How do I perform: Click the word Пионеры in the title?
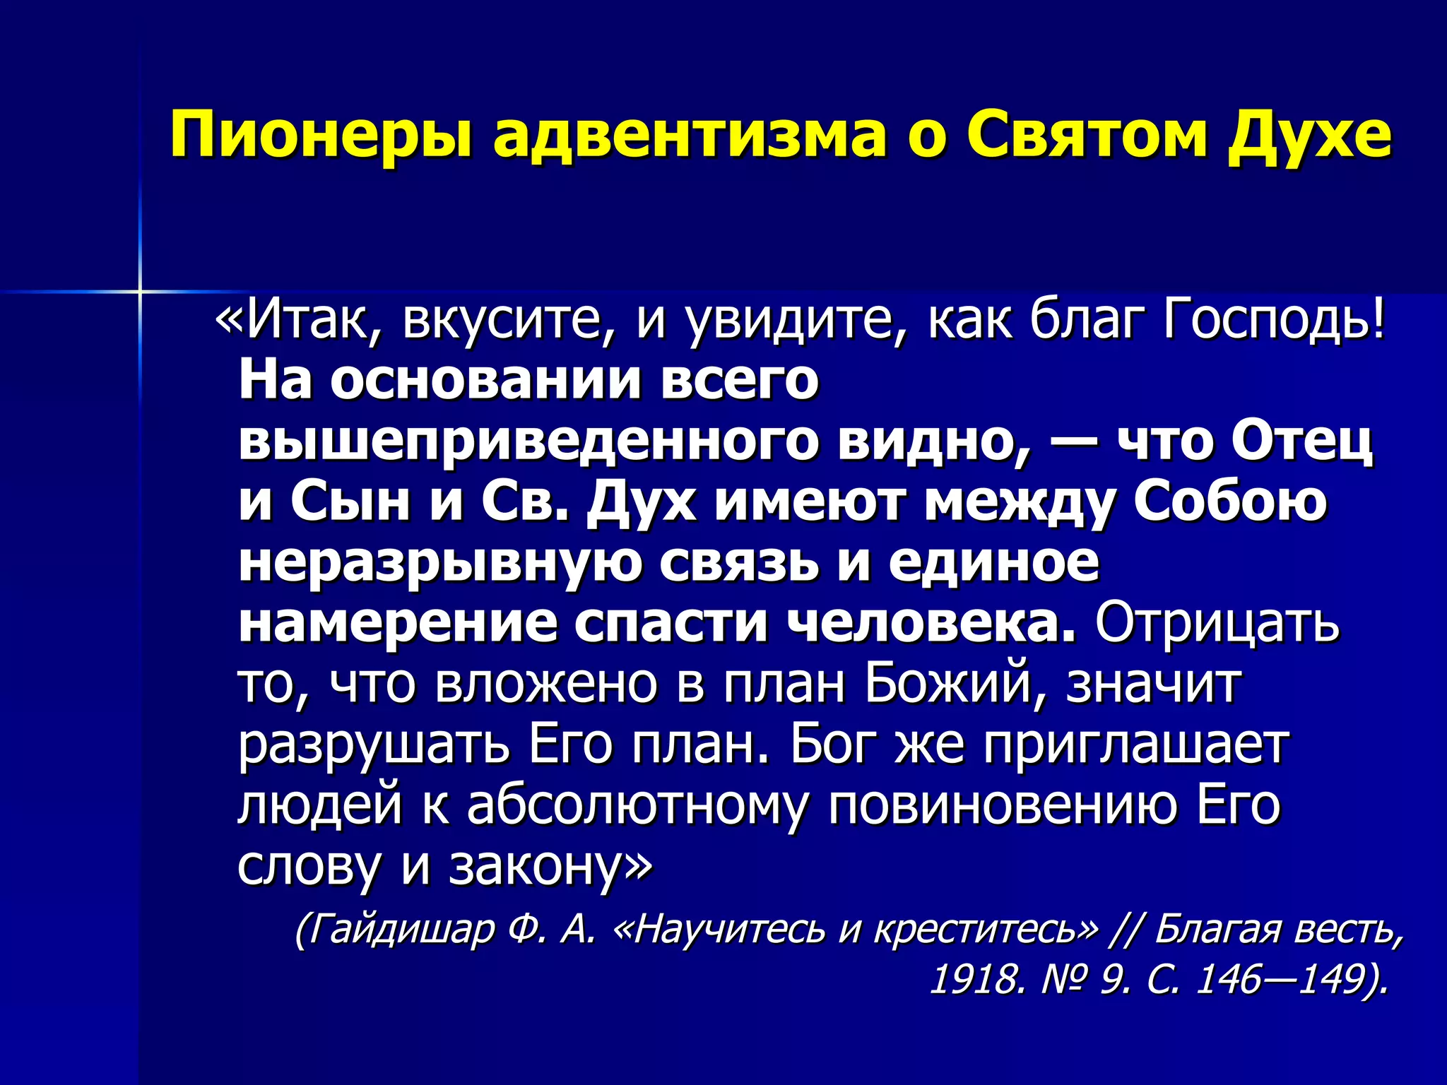pyautogui.click(x=321, y=134)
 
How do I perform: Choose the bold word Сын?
pyautogui.click(x=350, y=502)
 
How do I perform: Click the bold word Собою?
pyautogui.click(x=1230, y=502)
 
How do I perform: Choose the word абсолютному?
pyautogui.click(x=635, y=805)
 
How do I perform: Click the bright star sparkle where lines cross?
pyautogui.click(x=140, y=291)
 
